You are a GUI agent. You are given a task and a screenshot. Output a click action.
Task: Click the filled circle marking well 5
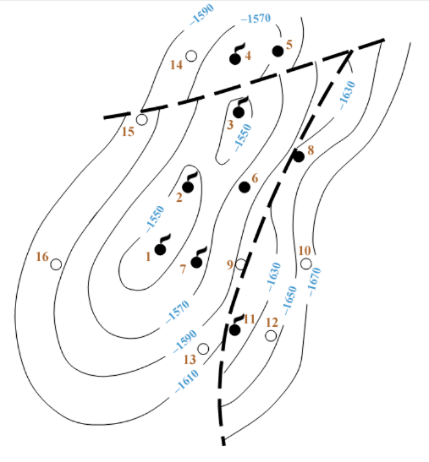(x=278, y=51)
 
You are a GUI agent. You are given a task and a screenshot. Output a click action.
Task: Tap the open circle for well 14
(x=191, y=56)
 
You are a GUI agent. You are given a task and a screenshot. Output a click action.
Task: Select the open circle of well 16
(x=56, y=264)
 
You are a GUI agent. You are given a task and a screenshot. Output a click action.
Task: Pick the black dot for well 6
(x=245, y=188)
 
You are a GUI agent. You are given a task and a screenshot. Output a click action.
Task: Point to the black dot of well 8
(x=299, y=156)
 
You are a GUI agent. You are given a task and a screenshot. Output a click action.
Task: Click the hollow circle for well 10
(x=305, y=264)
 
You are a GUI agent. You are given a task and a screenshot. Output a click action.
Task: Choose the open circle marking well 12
(x=271, y=336)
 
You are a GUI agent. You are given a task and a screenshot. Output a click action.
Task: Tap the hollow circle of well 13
(x=203, y=349)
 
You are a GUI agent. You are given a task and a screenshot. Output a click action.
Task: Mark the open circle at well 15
(x=141, y=120)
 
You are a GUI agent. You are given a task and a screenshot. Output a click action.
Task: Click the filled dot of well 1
(x=160, y=249)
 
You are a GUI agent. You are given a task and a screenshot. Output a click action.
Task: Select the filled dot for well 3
(x=239, y=112)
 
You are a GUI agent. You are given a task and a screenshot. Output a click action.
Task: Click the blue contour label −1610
(x=187, y=381)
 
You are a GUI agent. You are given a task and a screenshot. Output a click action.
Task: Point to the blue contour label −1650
(x=289, y=300)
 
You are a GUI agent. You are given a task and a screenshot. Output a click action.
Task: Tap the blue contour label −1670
(x=314, y=282)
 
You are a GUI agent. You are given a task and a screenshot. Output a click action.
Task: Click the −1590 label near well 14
(x=201, y=14)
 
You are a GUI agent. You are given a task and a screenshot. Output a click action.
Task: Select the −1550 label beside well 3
(x=243, y=138)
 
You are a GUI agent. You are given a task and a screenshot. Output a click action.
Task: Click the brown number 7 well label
(x=183, y=269)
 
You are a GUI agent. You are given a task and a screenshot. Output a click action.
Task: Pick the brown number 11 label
(x=249, y=318)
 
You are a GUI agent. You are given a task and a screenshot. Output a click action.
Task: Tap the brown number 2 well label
(x=179, y=198)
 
